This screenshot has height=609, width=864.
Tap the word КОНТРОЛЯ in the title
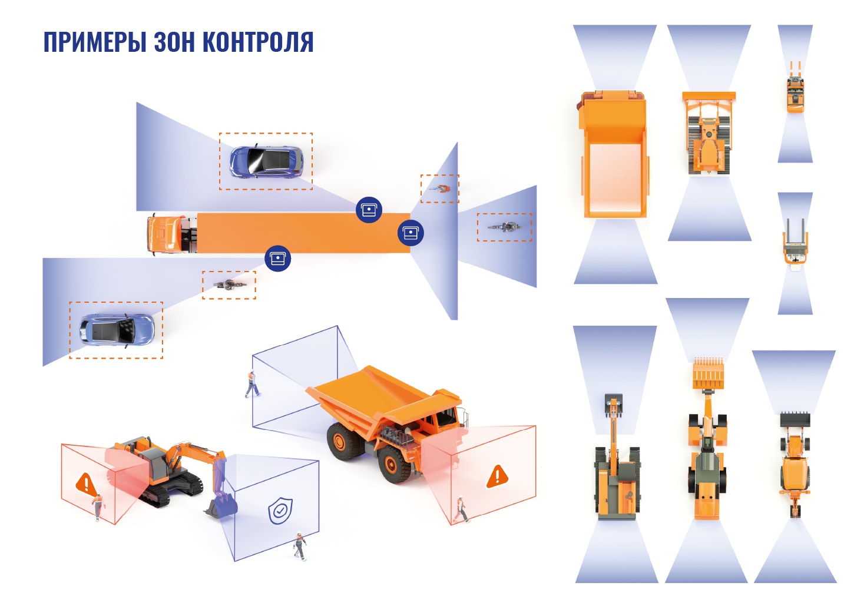(259, 42)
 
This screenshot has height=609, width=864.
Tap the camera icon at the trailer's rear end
(411, 233)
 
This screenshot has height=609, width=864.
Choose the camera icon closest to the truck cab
(278, 259)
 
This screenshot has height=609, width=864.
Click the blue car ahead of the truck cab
(116, 330)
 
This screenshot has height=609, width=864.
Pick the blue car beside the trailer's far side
(266, 161)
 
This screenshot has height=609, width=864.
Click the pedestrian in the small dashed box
(441, 188)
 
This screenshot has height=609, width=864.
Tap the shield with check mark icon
(280, 511)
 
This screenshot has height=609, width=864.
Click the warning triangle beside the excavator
(86, 484)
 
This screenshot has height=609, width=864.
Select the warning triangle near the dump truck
(497, 476)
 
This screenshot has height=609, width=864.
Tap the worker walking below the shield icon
(300, 546)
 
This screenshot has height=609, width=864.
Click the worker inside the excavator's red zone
(98, 507)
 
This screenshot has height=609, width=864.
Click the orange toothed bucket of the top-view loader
(708, 373)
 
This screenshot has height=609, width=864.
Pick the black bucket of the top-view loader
(795, 419)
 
